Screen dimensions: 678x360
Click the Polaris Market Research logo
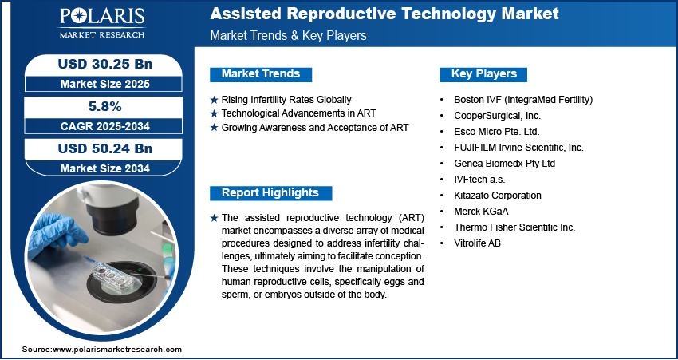pos(102,23)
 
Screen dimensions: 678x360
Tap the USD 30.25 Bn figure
pos(105,65)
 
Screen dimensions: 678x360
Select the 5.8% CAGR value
pos(105,106)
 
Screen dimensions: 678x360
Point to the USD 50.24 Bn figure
pos(105,148)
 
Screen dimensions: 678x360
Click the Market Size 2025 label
pos(105,84)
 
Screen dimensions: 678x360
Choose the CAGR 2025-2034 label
pos(105,126)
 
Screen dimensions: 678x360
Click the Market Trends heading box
pos(261,74)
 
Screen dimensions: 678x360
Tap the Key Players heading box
pos(484,74)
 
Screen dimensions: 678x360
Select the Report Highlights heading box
pos(270,193)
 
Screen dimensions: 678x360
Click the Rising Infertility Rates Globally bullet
pos(286,100)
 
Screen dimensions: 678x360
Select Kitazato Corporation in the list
pos(497,196)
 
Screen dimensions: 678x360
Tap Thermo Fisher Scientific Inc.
pos(514,227)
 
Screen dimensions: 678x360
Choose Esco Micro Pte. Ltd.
pos(497,132)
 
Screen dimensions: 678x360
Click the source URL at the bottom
pos(102,350)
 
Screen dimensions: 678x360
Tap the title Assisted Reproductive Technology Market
pos(384,14)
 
